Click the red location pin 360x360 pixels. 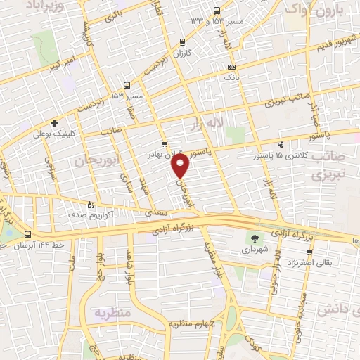(181, 167)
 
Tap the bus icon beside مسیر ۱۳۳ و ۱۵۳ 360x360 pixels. (216, 11)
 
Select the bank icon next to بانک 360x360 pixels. (231, 67)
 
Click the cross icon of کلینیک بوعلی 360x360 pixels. (54, 122)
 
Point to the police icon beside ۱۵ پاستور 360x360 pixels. (281, 144)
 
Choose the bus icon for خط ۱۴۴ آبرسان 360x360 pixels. (27, 234)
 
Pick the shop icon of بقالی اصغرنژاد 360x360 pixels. (309, 252)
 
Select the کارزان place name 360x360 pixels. (182, 54)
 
